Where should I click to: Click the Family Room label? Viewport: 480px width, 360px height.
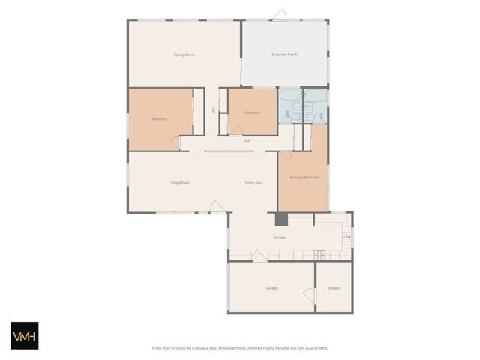point(184,55)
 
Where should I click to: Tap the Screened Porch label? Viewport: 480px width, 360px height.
point(284,55)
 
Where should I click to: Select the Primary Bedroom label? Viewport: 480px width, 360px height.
point(305,178)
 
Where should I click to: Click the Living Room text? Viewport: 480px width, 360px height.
point(178,183)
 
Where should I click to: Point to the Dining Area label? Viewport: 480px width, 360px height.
point(253,183)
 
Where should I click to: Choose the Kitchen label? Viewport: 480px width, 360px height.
point(279,238)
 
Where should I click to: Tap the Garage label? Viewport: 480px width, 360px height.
point(271,288)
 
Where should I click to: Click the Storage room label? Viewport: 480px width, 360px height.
point(334,288)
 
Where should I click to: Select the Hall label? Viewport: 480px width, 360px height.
point(247,141)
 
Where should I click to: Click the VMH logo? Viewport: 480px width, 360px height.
point(24,335)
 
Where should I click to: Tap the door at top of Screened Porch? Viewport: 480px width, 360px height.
point(279,15)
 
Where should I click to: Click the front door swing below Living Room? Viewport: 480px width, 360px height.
point(217,207)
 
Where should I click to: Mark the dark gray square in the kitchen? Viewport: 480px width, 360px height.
point(281,219)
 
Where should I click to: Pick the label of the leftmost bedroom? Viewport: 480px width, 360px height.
point(159,119)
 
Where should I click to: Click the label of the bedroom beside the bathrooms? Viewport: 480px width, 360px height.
point(253,112)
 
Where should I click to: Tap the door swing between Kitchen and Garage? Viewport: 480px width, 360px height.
point(259,256)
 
